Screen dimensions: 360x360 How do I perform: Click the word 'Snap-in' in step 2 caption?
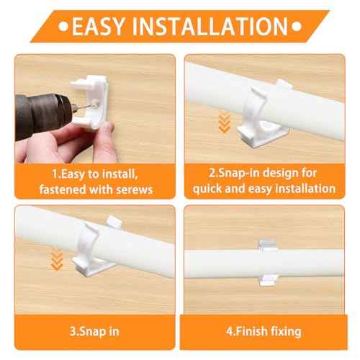(x=230, y=174)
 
